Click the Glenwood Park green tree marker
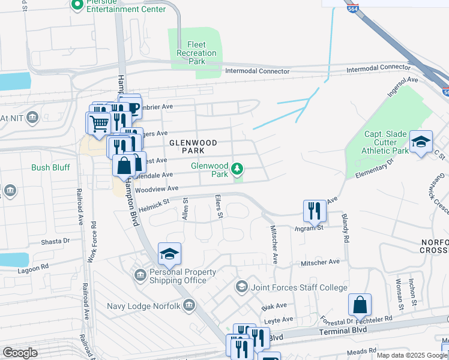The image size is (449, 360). click(238, 168)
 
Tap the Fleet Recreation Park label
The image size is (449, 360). click(196, 53)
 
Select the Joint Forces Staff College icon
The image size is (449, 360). click(241, 286)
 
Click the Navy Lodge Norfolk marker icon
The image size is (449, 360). click(190, 305)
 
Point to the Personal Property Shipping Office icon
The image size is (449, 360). click(139, 275)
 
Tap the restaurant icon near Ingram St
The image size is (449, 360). click(315, 211)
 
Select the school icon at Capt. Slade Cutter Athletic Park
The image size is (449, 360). click(421, 142)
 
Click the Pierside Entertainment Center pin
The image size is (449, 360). click(77, 5)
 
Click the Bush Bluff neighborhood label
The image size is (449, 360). click(50, 168)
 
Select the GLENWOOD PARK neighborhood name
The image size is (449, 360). click(191, 143)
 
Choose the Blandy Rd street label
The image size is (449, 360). click(346, 227)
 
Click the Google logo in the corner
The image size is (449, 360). click(20, 353)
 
